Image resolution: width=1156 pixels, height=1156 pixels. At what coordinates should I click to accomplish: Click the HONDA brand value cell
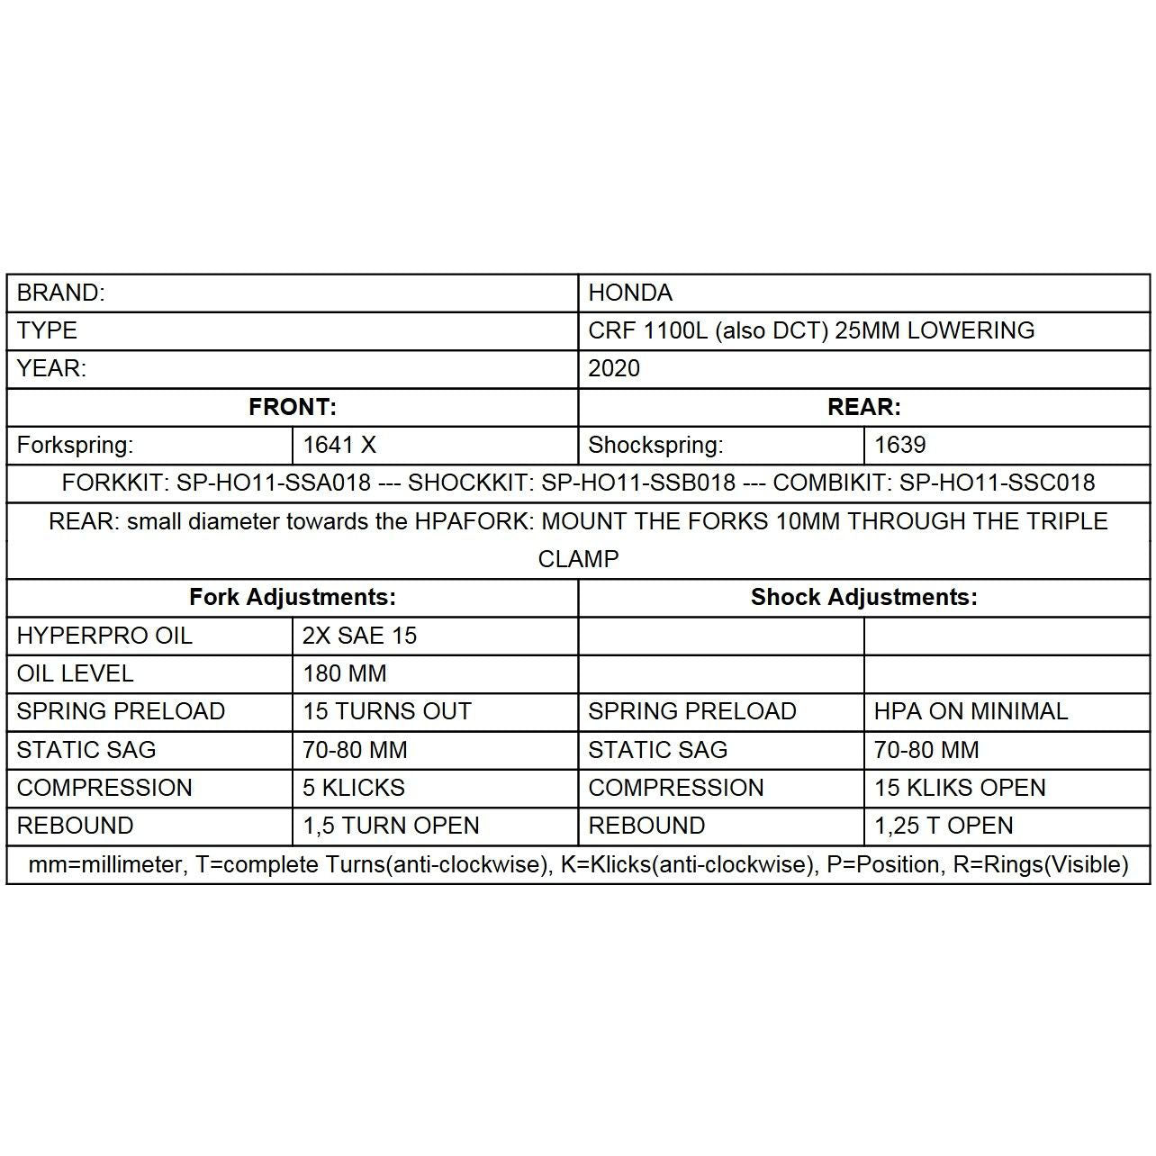630,293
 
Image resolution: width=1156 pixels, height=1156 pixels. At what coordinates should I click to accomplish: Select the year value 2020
614,368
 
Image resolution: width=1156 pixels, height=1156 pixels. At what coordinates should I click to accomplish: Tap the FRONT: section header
292,407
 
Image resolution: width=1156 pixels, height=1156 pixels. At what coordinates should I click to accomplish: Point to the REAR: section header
863,407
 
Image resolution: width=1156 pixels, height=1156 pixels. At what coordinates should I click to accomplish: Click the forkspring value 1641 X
339,445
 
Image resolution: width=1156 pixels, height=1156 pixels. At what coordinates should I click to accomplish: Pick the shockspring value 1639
899,445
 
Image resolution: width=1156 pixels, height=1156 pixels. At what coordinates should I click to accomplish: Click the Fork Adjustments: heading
292,597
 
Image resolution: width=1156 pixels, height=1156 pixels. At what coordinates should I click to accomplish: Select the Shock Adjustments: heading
863,597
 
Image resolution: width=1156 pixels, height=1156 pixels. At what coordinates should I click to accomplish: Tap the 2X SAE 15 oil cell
359,636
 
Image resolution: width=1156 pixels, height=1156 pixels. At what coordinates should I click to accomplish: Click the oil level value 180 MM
344,673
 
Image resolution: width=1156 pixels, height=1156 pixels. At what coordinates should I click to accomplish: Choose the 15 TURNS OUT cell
386,711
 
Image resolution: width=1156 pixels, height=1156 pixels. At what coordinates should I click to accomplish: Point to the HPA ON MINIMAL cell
971,711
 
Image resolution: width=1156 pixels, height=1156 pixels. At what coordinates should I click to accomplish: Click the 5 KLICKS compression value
353,788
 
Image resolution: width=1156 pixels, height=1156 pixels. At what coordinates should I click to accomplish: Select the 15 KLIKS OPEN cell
960,788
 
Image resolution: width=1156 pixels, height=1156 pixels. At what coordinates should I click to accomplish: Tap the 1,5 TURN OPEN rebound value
391,826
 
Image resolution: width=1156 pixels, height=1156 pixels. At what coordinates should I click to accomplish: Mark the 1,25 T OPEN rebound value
944,826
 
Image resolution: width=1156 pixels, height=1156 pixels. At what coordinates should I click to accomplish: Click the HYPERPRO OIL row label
104,636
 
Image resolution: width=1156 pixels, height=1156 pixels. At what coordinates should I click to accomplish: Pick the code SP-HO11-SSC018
997,483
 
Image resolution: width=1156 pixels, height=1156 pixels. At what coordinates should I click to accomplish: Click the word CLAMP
578,559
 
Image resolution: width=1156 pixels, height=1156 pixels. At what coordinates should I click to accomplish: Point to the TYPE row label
47,330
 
